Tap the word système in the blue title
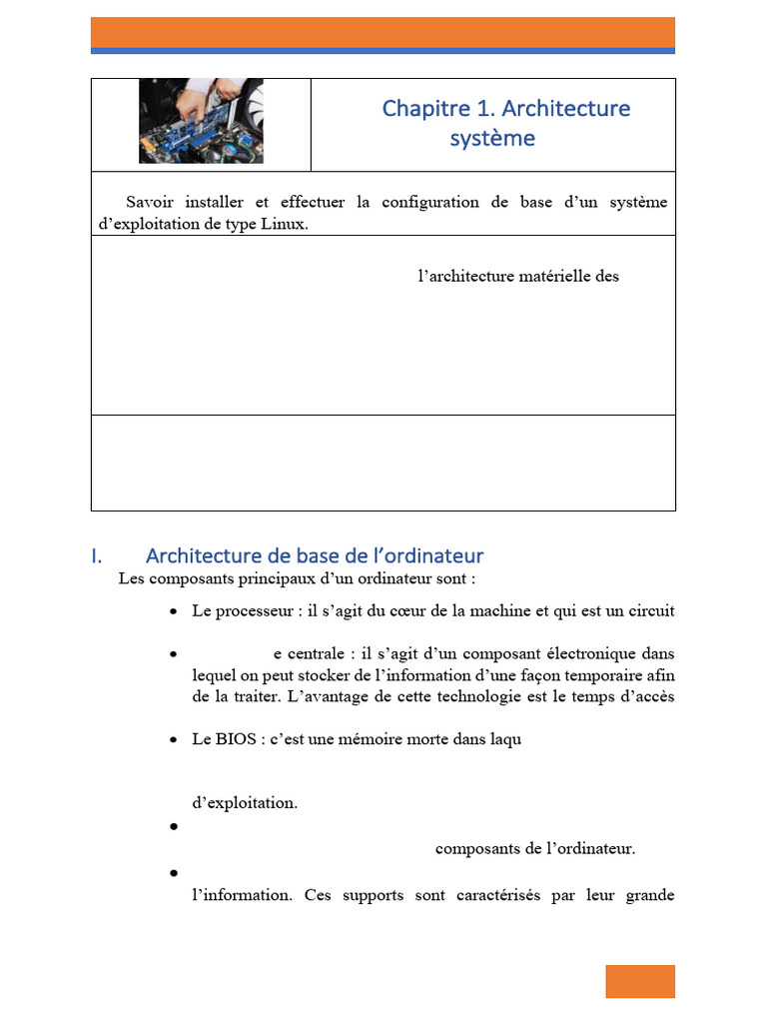(x=491, y=138)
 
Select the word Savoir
(x=150, y=202)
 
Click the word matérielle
(x=548, y=276)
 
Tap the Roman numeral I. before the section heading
(x=97, y=555)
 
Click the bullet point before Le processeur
(x=174, y=611)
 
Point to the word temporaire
(x=592, y=676)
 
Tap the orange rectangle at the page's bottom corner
(x=639, y=981)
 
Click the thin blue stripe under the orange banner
(x=383, y=50)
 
